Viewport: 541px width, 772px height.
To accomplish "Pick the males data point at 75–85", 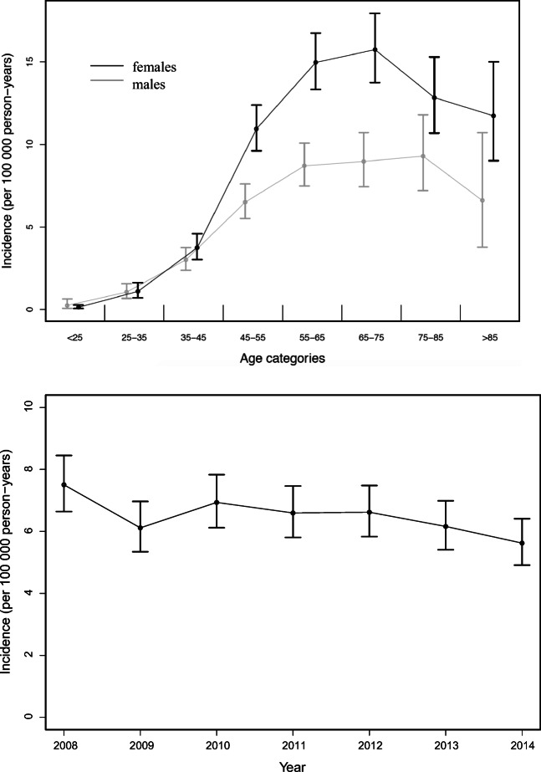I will pos(423,156).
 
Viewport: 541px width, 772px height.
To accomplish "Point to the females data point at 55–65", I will pos(316,62).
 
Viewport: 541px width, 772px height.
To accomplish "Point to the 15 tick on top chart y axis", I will pos(28,62).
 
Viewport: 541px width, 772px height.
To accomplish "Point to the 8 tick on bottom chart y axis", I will pos(28,469).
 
